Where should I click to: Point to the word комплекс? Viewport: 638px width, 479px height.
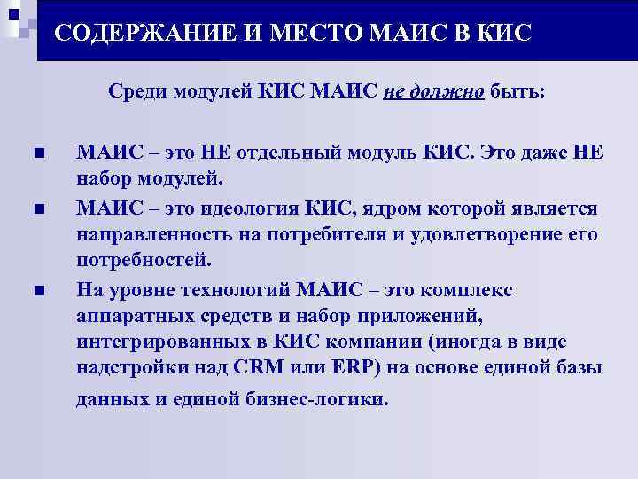pyautogui.click(x=469, y=290)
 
